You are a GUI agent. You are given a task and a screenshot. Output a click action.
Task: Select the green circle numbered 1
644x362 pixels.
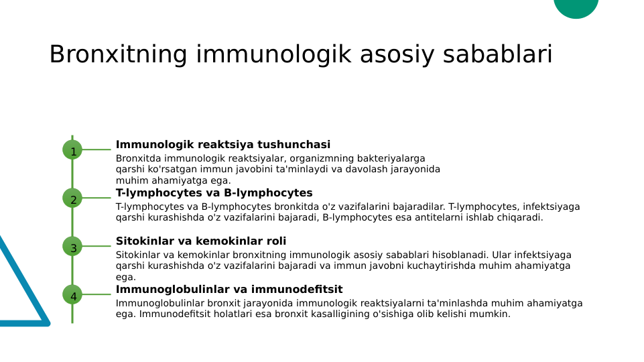(72, 150)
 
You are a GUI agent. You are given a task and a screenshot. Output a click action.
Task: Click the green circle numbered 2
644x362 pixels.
(72, 198)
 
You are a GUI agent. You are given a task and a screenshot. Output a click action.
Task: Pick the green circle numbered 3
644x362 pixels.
(72, 247)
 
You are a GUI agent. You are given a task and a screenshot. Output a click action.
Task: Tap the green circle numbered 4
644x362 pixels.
(72, 295)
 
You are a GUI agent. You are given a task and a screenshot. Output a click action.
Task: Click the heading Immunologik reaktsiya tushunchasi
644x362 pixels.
(222, 145)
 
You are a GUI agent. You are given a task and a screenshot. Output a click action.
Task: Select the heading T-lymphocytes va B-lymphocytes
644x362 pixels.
(214, 193)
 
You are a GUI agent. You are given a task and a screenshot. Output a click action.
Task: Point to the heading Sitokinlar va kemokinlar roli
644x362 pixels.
(201, 241)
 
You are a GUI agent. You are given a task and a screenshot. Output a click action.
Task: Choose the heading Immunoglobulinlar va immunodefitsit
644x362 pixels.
(229, 290)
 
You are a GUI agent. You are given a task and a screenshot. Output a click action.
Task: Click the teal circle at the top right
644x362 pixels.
(576, 7)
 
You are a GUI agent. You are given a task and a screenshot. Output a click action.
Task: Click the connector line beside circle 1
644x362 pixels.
(96, 149)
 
